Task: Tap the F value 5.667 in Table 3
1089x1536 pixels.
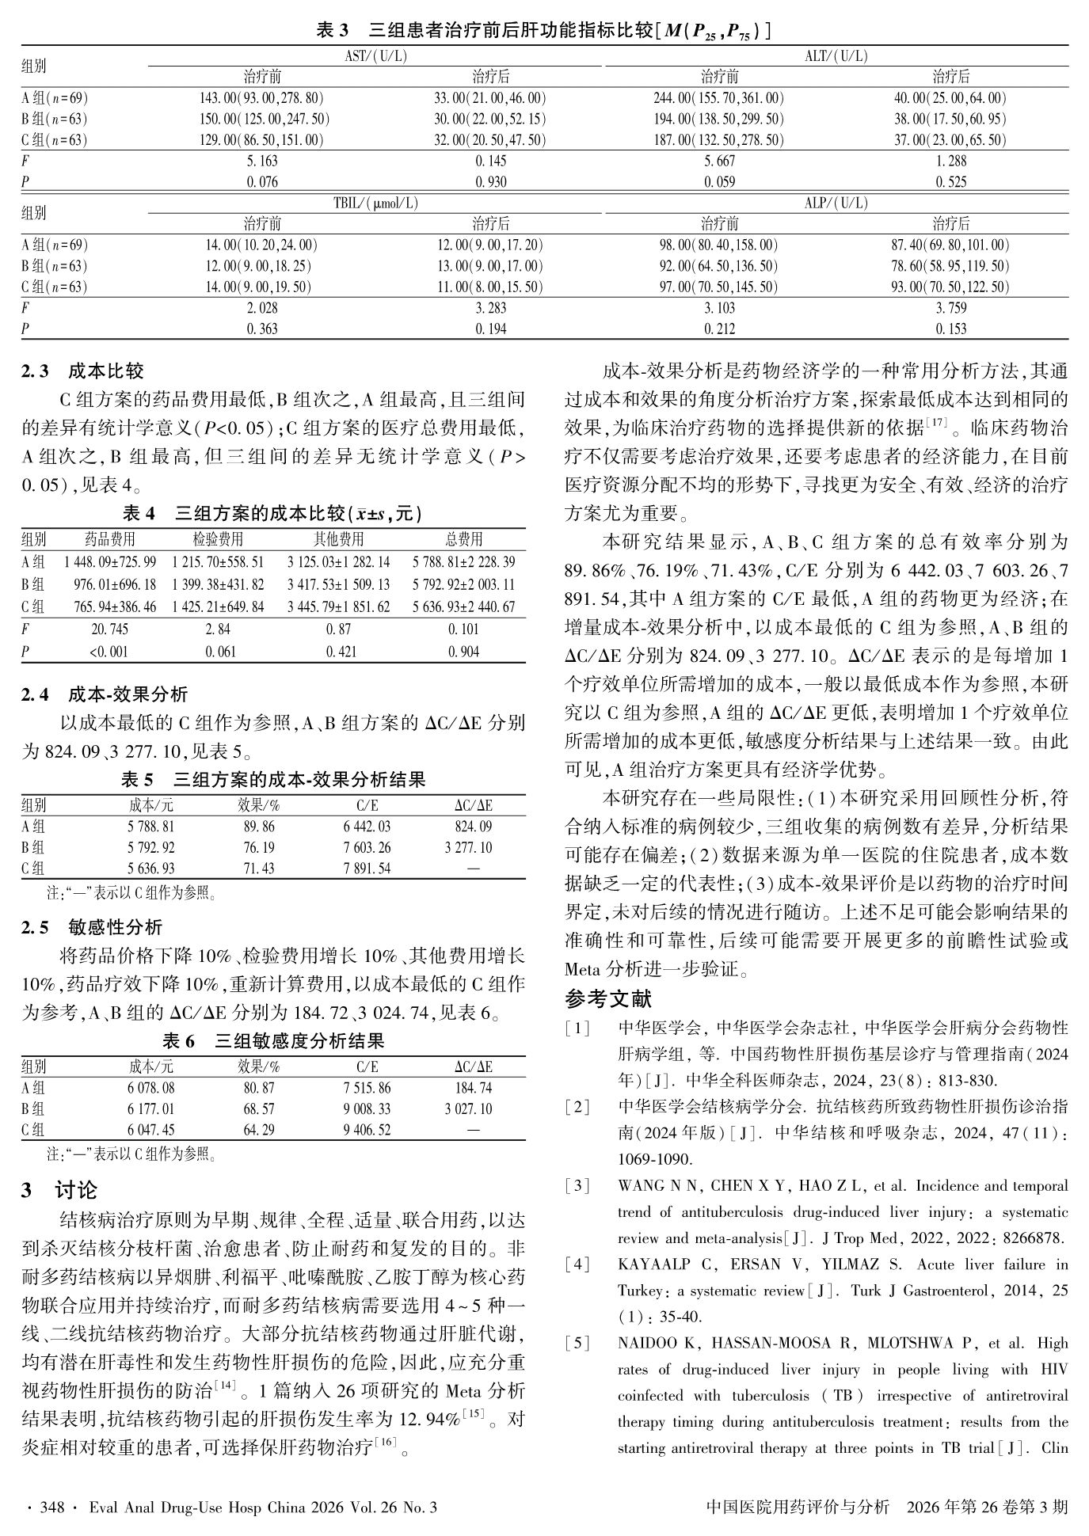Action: (x=719, y=161)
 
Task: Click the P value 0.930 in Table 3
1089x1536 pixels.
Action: (x=491, y=182)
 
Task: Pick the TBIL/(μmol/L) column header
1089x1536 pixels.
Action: (x=375, y=203)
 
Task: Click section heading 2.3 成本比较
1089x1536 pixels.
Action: (x=82, y=371)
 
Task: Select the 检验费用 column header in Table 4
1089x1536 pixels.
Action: (x=218, y=540)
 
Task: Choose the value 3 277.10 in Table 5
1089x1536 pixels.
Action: (x=468, y=848)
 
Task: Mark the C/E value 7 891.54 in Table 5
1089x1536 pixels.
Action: (x=367, y=869)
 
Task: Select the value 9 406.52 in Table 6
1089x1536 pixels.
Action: (x=367, y=1130)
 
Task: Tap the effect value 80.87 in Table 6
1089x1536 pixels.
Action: (x=259, y=1089)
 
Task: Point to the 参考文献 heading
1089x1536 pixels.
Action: (x=608, y=999)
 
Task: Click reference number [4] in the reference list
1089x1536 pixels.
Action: (x=577, y=1264)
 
